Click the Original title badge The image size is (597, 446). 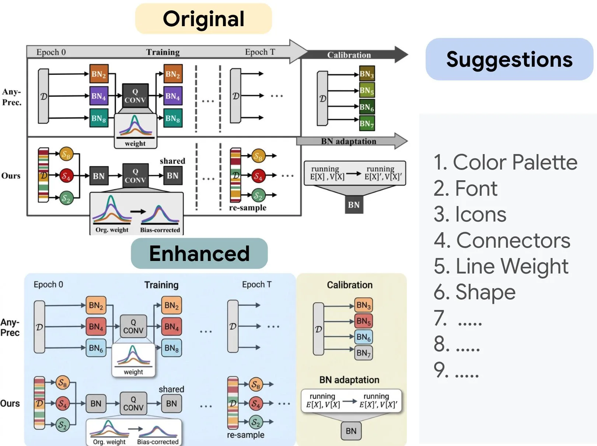coord(203,19)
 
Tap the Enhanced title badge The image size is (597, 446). coord(199,253)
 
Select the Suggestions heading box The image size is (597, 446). coord(509,59)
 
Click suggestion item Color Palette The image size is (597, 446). coord(505,162)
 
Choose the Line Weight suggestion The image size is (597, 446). coord(501,266)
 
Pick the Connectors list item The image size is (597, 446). coord(502,240)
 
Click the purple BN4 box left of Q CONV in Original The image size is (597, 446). coord(99,96)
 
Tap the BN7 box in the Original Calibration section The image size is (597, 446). coord(367,123)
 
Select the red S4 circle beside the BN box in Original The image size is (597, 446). coord(66,176)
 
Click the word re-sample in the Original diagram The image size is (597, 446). coord(248,208)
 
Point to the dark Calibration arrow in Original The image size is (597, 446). coord(350,55)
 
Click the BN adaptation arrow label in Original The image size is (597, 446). coord(348,141)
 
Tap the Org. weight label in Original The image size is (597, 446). coord(112,230)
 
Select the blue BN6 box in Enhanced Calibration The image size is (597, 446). coord(363,337)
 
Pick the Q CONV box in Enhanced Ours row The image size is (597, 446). coord(133,404)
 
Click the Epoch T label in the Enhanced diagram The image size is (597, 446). coord(256,285)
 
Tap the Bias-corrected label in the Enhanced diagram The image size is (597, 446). coord(158,442)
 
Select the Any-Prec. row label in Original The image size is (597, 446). coord(12,97)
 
